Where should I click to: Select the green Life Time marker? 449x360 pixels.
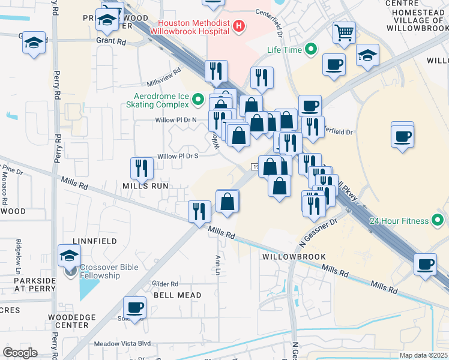pyautogui.click(x=311, y=49)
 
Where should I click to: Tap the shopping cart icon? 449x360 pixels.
pyautogui.click(x=344, y=34)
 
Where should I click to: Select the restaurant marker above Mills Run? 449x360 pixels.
pyautogui.click(x=142, y=168)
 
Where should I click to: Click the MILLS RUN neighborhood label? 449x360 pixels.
pyautogui.click(x=146, y=187)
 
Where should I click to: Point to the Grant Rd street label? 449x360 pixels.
pyautogui.click(x=111, y=42)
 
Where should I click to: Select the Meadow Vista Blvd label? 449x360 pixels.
pyautogui.click(x=122, y=344)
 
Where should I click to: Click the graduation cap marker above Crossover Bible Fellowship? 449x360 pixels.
pyautogui.click(x=69, y=255)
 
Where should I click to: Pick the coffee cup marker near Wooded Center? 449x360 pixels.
pyautogui.click(x=134, y=307)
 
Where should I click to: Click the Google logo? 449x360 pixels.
pyautogui.click(x=20, y=353)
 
